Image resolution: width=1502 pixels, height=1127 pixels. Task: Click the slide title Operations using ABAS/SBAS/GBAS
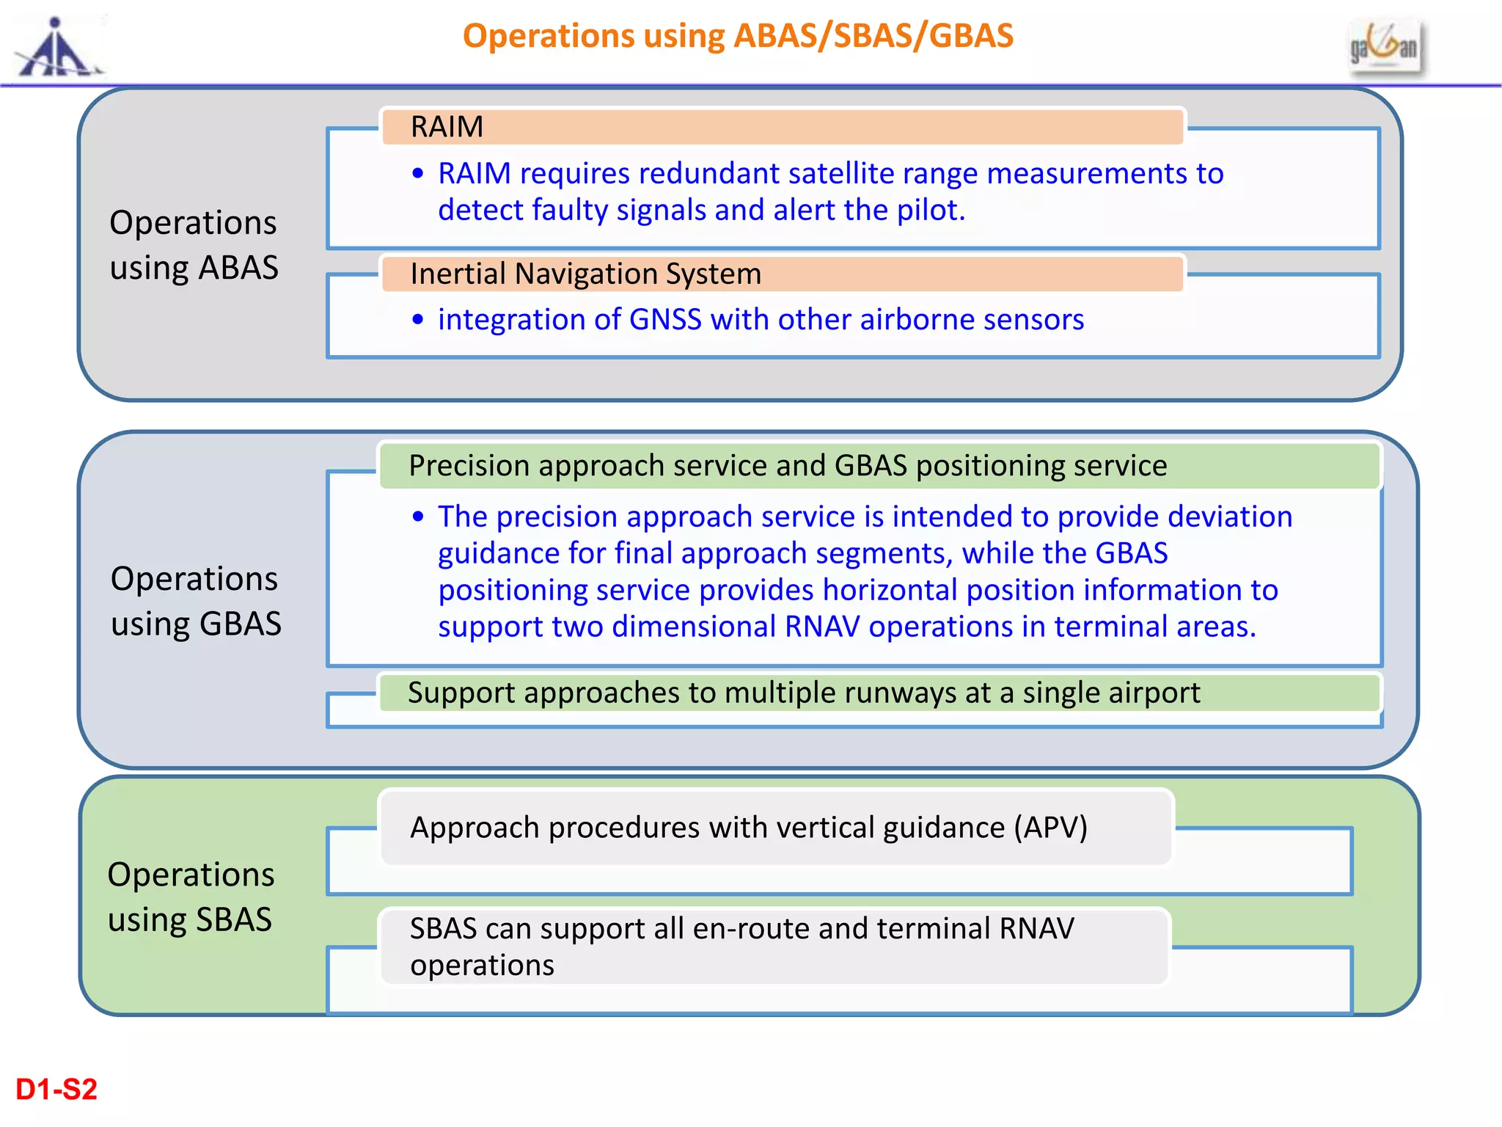pyautogui.click(x=738, y=36)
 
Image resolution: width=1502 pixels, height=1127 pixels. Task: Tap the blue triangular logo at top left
pyautogui.click(x=57, y=49)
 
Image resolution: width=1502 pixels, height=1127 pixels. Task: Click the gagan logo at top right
pyautogui.click(x=1385, y=46)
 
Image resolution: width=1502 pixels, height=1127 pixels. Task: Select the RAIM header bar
pyautogui.click(x=782, y=127)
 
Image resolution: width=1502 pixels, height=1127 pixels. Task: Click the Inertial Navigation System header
pyautogui.click(x=782, y=274)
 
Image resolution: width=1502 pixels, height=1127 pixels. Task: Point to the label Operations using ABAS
pyautogui.click(x=194, y=244)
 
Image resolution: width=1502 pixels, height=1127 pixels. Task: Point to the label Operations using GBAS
pyautogui.click(x=195, y=601)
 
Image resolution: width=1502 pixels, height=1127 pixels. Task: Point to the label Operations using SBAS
pyautogui.click(x=191, y=897)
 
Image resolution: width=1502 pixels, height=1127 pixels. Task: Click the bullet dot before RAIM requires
pyautogui.click(x=418, y=174)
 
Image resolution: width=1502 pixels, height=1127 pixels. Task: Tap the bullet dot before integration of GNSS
pyautogui.click(x=418, y=320)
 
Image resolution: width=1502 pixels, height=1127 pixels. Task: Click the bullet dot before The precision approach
pyautogui.click(x=418, y=517)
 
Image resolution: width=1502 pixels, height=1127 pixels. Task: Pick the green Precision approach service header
pyautogui.click(x=879, y=466)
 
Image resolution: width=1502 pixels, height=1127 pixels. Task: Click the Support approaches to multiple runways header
pyautogui.click(x=879, y=693)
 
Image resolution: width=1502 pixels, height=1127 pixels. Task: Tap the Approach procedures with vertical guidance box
pyautogui.click(x=776, y=828)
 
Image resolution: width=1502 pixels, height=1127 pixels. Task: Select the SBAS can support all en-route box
pyautogui.click(x=774, y=947)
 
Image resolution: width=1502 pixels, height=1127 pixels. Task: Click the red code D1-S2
pyautogui.click(x=56, y=1090)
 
